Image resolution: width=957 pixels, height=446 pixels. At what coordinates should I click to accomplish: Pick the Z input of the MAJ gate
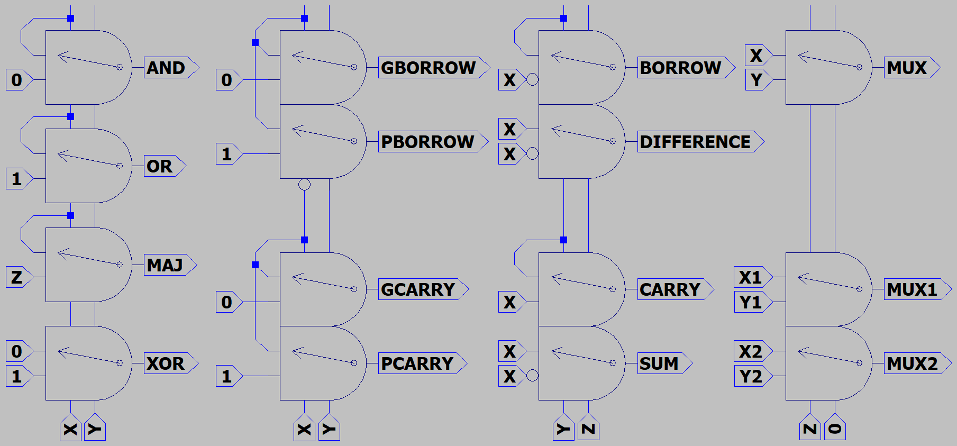click(x=17, y=277)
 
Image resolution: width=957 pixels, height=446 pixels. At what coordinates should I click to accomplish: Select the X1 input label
click(x=750, y=277)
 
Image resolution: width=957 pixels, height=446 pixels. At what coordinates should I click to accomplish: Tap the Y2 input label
click(x=750, y=376)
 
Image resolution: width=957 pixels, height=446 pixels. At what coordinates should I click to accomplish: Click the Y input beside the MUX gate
click(x=757, y=80)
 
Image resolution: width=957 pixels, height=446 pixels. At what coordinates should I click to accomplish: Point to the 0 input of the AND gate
click(x=17, y=80)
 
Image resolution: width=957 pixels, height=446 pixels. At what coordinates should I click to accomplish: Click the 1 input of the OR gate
click(x=17, y=179)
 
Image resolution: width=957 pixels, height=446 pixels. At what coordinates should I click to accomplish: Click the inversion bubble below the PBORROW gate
click(x=304, y=185)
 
